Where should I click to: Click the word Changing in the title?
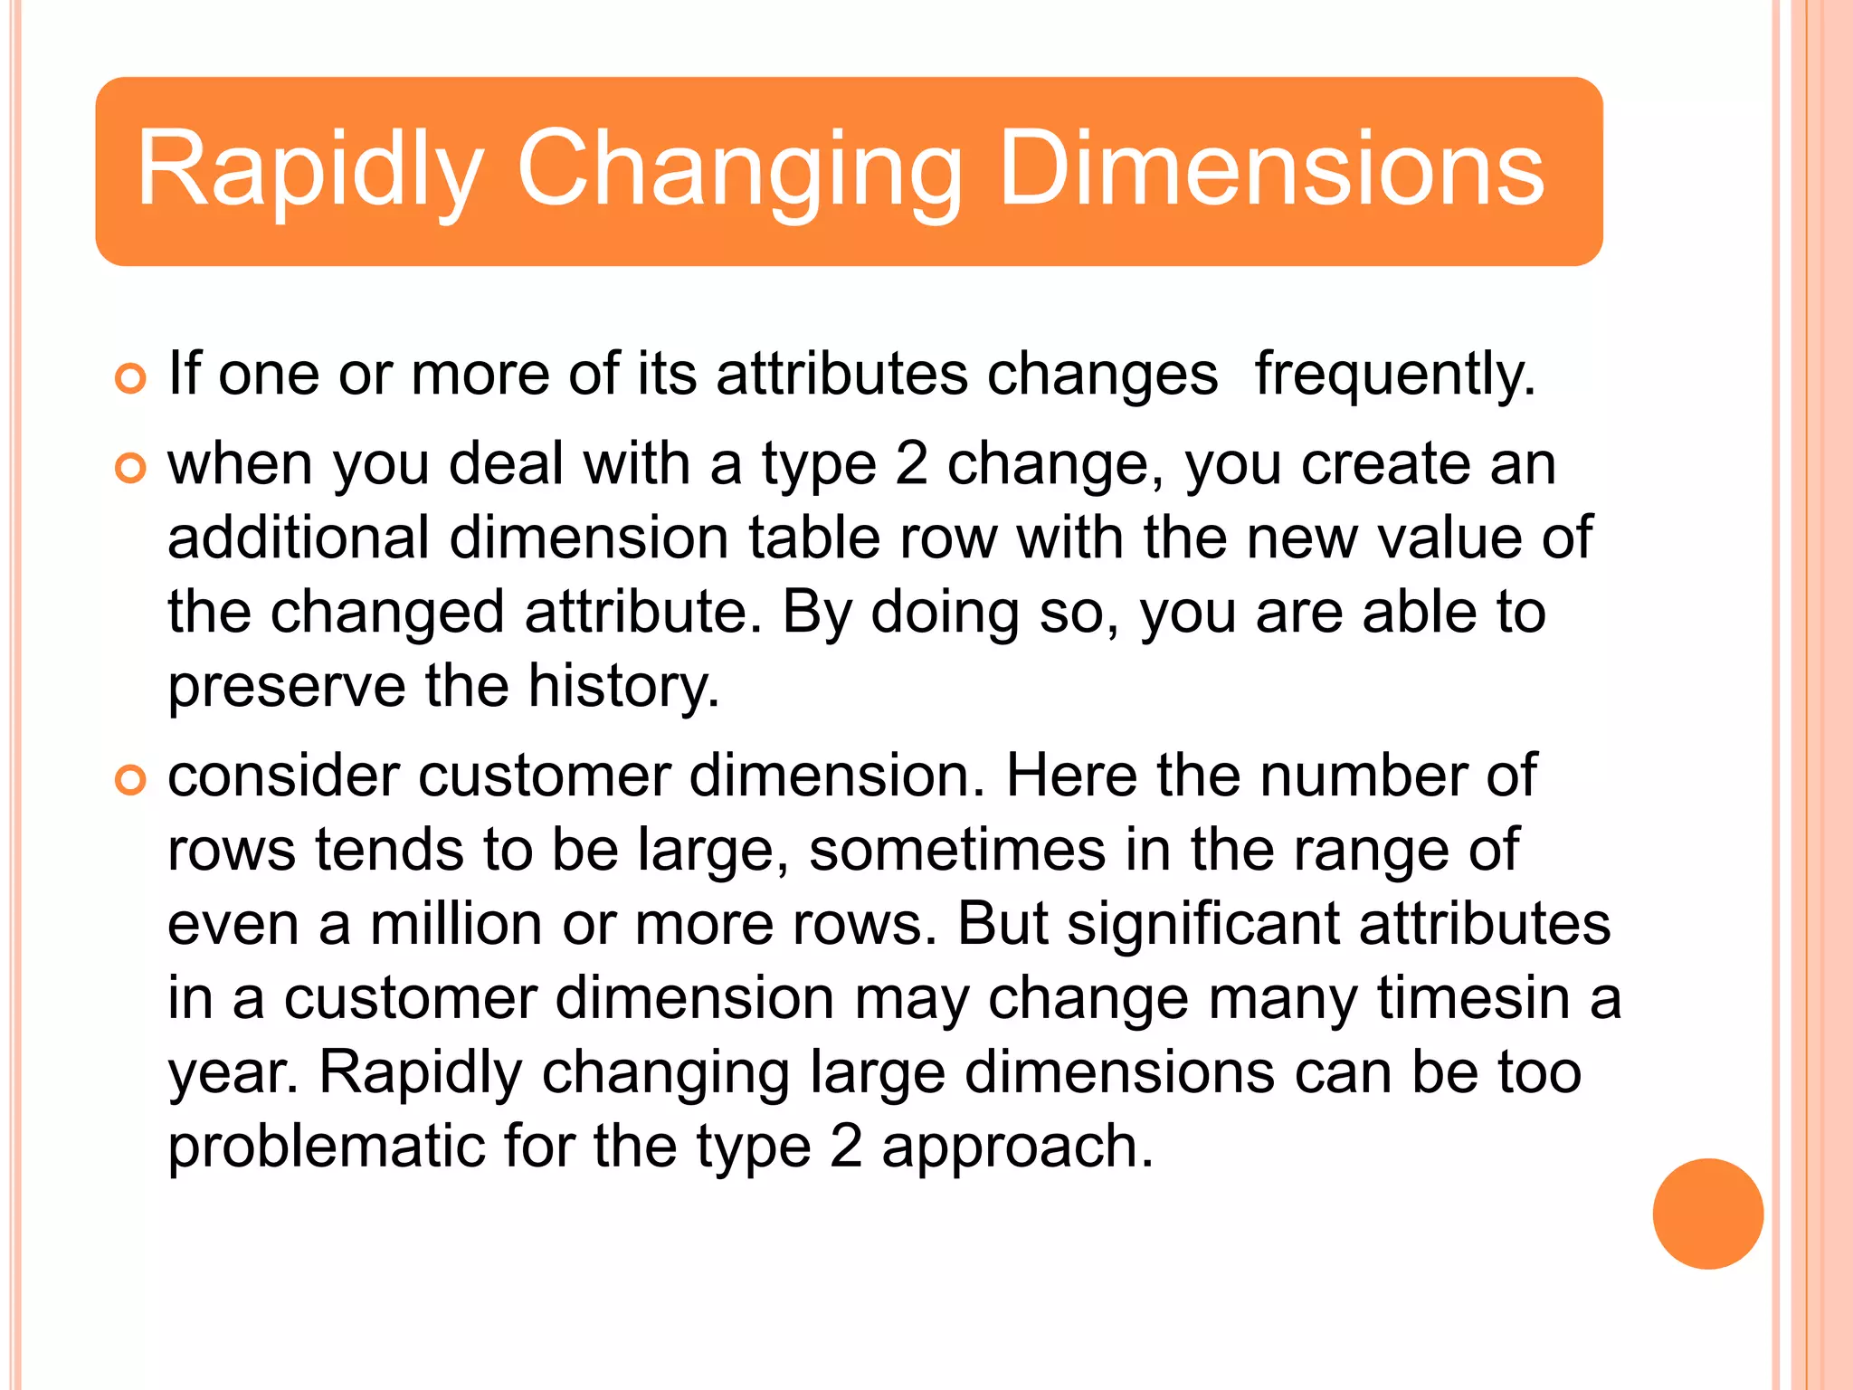(x=738, y=170)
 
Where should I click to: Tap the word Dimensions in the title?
(x=1271, y=170)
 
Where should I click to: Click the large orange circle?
(x=1707, y=1214)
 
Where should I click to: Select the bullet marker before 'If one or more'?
(x=131, y=379)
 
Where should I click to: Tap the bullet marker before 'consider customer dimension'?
(x=131, y=780)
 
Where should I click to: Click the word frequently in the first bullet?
(x=1394, y=374)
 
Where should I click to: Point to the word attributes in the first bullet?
(x=841, y=374)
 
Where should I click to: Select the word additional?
(x=299, y=538)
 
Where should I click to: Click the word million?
(x=456, y=924)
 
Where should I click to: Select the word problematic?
(x=326, y=1147)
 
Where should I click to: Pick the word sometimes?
(x=956, y=850)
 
